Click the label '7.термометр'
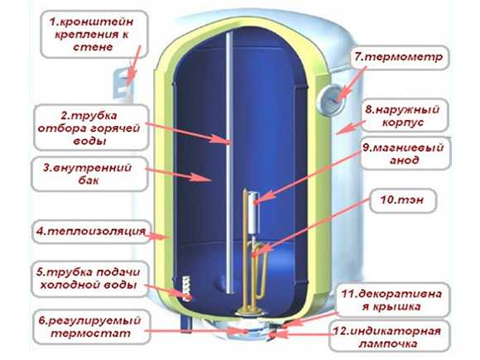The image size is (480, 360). pyautogui.click(x=399, y=57)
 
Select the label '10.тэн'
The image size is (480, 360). pyautogui.click(x=402, y=200)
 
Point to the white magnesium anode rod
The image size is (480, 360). pyautogui.click(x=254, y=212)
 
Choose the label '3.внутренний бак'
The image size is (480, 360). pyautogui.click(x=87, y=174)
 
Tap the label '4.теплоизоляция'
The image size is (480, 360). pyautogui.click(x=90, y=231)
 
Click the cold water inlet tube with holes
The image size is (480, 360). pyautogui.click(x=187, y=288)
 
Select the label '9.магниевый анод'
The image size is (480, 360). pyautogui.click(x=404, y=154)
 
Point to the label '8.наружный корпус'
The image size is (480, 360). pyautogui.click(x=402, y=116)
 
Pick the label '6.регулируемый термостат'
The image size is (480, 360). pyautogui.click(x=89, y=327)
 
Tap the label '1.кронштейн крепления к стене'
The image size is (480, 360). pyautogui.click(x=92, y=34)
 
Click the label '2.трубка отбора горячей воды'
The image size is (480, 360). pyautogui.click(x=89, y=128)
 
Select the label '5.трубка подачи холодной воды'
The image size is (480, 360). pyautogui.click(x=89, y=278)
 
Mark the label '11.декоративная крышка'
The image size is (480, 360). pyautogui.click(x=391, y=300)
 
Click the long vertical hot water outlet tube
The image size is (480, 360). pyautogui.click(x=229, y=162)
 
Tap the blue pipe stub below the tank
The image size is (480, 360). pyautogui.click(x=185, y=324)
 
